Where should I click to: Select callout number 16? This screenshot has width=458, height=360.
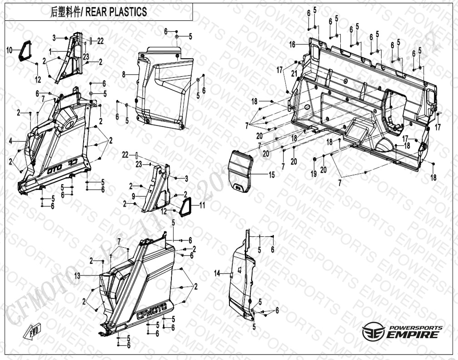point(293,45)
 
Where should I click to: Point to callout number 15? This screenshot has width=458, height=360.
point(271,175)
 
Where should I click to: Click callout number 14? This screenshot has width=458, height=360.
point(217,273)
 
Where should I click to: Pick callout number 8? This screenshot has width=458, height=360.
point(123,74)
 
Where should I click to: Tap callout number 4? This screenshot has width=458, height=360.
point(10,141)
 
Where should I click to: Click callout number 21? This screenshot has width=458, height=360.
point(294,73)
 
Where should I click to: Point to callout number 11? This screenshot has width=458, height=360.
point(202,205)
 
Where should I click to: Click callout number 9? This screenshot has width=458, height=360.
point(134,196)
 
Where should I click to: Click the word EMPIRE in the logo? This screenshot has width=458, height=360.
point(413,335)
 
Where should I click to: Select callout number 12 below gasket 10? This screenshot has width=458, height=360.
point(38,80)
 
